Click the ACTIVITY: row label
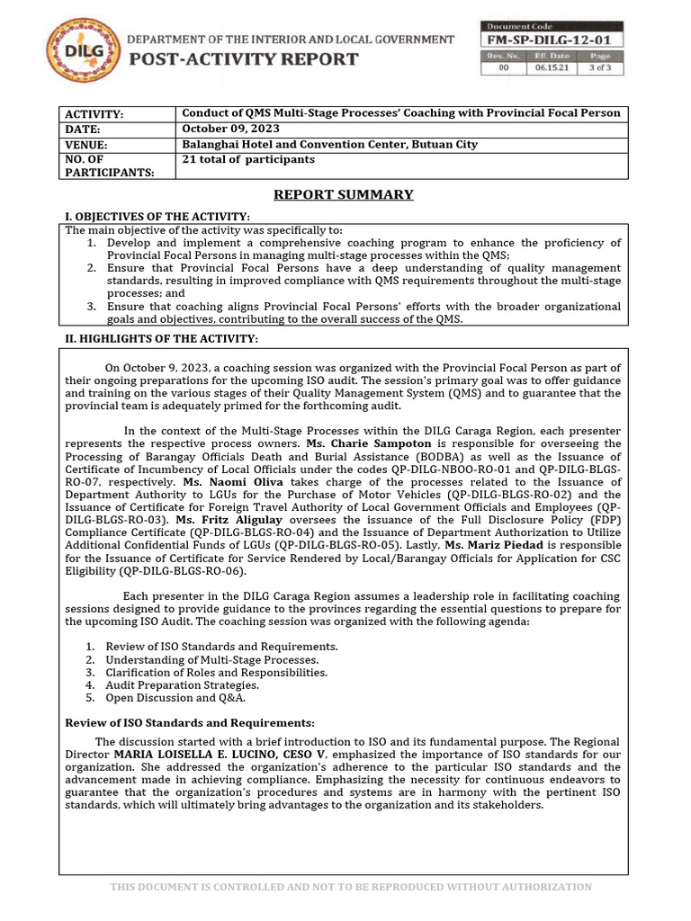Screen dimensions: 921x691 coord(93,114)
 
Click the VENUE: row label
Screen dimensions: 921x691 coord(85,145)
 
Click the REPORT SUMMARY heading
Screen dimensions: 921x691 coord(344,194)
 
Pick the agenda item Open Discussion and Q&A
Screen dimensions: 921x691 coord(175,697)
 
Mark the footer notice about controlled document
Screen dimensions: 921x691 coord(351,887)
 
